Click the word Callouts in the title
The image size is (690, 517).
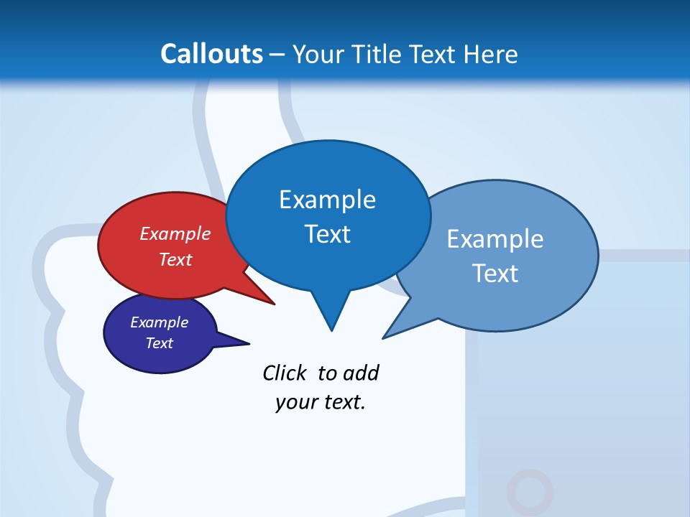[211, 54]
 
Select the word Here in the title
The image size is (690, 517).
[491, 55]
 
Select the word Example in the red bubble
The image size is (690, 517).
[175, 234]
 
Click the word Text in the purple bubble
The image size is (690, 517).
[160, 343]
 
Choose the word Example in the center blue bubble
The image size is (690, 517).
[327, 200]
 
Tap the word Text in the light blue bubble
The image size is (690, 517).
[495, 274]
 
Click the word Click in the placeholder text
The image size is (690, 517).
[284, 373]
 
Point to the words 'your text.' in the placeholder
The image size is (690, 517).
[321, 402]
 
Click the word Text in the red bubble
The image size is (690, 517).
[175, 259]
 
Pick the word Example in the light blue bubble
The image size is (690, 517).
[495, 239]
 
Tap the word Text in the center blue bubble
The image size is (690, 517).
[327, 234]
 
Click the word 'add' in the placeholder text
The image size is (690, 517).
[361, 373]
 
